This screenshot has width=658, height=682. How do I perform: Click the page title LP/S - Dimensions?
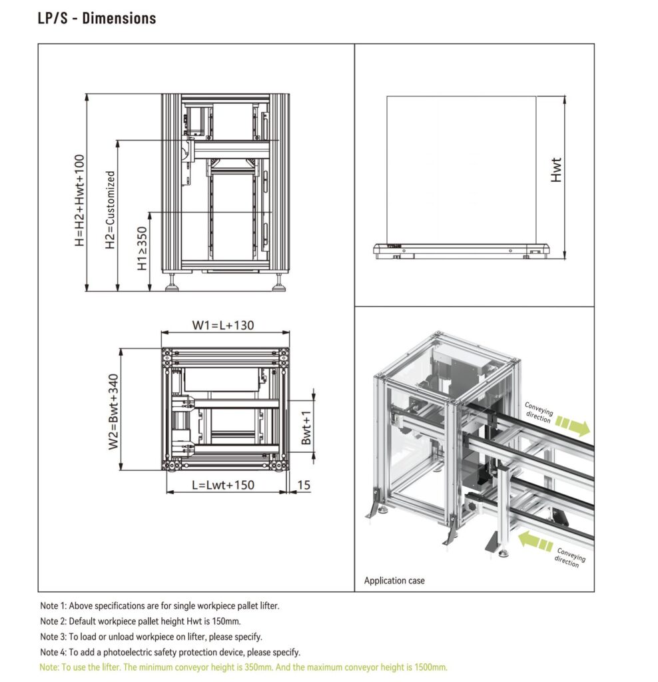click(x=97, y=18)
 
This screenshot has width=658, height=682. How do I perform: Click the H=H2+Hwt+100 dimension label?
click(x=80, y=200)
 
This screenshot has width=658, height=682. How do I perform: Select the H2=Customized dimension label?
click(x=111, y=210)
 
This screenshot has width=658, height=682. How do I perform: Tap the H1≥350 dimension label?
click(x=143, y=248)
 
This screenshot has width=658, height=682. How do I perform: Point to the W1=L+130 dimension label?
click(x=223, y=325)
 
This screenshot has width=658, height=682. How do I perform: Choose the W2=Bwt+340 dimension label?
click(x=113, y=412)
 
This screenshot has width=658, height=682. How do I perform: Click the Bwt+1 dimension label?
click(x=306, y=428)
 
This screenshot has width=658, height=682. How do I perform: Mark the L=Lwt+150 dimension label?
click(x=223, y=485)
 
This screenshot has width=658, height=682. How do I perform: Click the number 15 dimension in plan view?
click(x=304, y=485)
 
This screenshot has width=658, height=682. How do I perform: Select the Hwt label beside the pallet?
click(x=556, y=170)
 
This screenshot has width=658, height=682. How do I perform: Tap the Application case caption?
click(x=394, y=580)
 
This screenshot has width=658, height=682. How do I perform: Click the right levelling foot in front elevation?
click(x=279, y=283)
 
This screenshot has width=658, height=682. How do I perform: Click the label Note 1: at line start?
click(x=53, y=605)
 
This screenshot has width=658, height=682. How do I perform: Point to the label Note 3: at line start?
click(x=53, y=636)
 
